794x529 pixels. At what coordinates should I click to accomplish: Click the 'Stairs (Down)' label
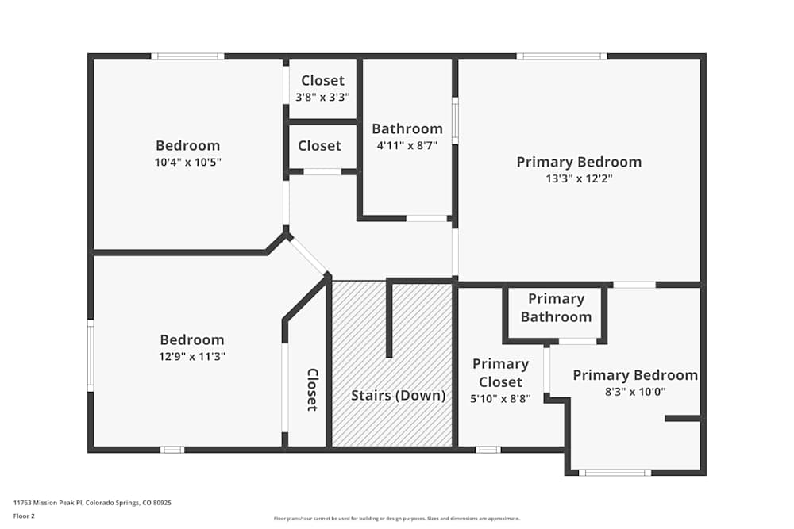pyautogui.click(x=399, y=395)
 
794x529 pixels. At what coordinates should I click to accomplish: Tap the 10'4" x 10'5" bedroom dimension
pyautogui.click(x=187, y=162)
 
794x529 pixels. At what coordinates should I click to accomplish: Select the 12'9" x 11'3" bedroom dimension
pyautogui.click(x=191, y=357)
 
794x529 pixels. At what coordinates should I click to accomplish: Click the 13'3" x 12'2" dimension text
pyautogui.click(x=579, y=178)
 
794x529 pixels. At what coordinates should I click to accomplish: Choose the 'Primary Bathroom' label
pyautogui.click(x=556, y=308)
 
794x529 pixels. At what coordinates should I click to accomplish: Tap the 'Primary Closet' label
pyautogui.click(x=500, y=373)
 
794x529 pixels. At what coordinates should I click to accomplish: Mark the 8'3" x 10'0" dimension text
pyautogui.click(x=634, y=392)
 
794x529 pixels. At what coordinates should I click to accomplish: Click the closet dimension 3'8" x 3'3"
pyautogui.click(x=322, y=97)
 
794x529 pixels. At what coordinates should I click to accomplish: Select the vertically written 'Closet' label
pyautogui.click(x=312, y=389)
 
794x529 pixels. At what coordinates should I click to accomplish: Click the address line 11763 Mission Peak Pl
pyautogui.click(x=92, y=502)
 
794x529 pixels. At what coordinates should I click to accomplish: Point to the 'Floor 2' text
pyautogui.click(x=24, y=516)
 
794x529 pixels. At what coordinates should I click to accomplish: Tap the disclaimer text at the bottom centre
pyautogui.click(x=397, y=519)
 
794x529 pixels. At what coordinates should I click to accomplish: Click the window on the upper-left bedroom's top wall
pyautogui.click(x=187, y=56)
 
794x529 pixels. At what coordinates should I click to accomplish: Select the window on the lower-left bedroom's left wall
pyautogui.click(x=91, y=355)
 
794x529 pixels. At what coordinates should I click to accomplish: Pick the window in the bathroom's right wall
pyautogui.click(x=455, y=121)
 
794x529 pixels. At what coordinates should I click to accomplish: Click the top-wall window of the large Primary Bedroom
pyautogui.click(x=562, y=56)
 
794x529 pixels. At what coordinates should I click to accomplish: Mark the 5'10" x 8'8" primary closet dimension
pyautogui.click(x=500, y=399)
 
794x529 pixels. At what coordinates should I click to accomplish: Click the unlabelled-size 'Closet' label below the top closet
pyautogui.click(x=319, y=146)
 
